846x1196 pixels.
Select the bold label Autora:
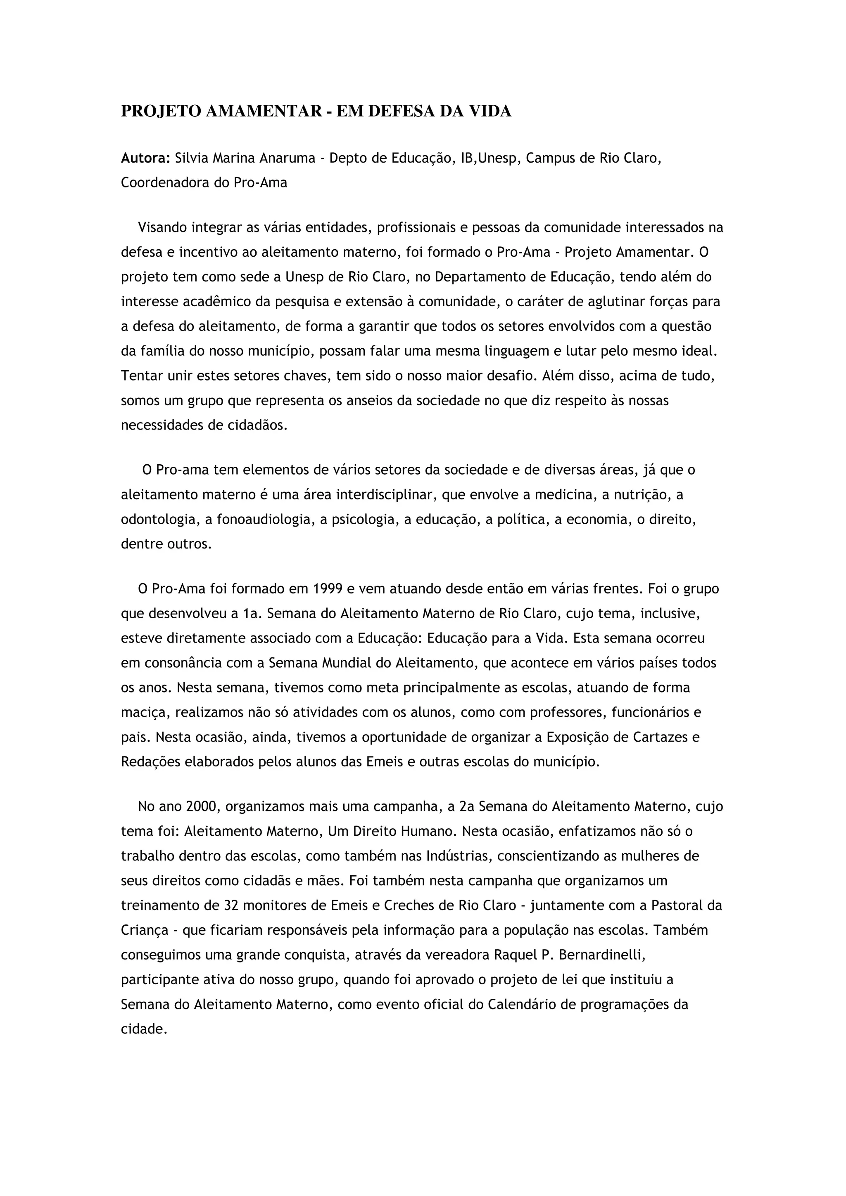(x=145, y=158)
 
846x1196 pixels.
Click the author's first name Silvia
(x=191, y=158)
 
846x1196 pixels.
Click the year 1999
(x=328, y=589)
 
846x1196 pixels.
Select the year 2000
(x=200, y=806)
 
